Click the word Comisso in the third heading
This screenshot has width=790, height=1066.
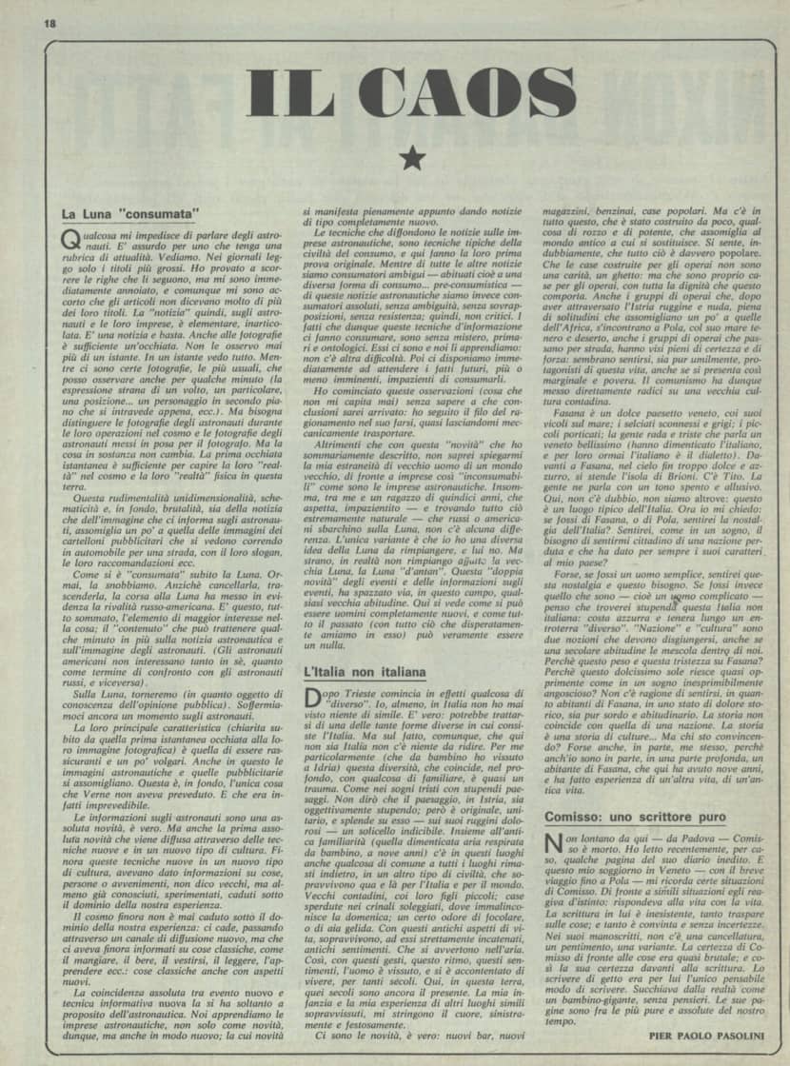pos(573,817)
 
